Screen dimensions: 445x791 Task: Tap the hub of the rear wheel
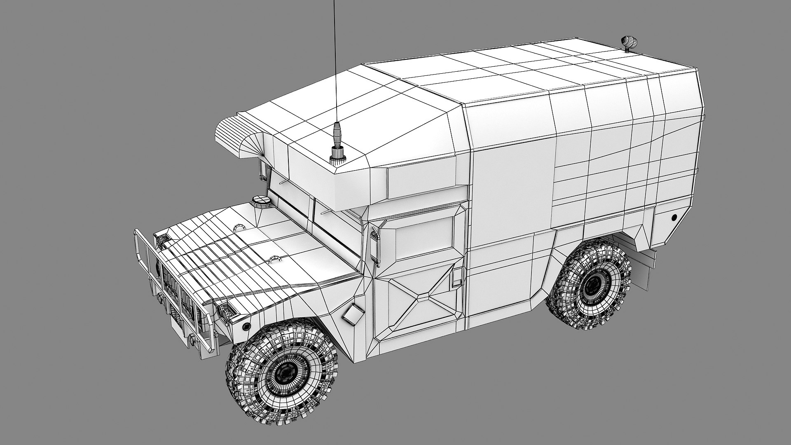tap(593, 284)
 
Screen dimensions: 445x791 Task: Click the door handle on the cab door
tap(456, 277)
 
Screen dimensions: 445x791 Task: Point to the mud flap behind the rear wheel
tap(647, 272)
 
